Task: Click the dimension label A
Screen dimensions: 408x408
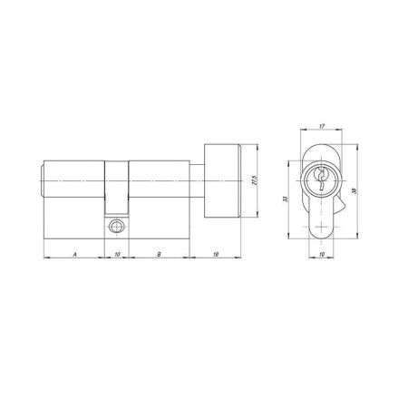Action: point(74,255)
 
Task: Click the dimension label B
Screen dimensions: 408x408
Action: point(160,255)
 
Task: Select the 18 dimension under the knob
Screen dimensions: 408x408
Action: point(216,255)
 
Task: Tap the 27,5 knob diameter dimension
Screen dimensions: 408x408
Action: point(257,187)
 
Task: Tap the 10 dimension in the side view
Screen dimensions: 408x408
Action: point(116,255)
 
